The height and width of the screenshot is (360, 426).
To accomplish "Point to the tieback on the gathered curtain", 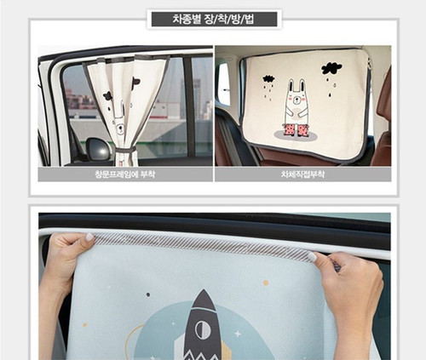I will coord(124,151).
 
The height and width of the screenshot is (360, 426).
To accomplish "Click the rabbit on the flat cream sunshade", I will coord(296,106).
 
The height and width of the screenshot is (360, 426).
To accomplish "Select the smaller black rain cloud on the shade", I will coord(269,79).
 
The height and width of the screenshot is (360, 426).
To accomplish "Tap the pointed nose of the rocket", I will coord(203,294).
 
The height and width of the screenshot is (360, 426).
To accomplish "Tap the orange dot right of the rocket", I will coord(266,282).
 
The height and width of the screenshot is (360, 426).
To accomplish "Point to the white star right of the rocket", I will coord(236,334).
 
